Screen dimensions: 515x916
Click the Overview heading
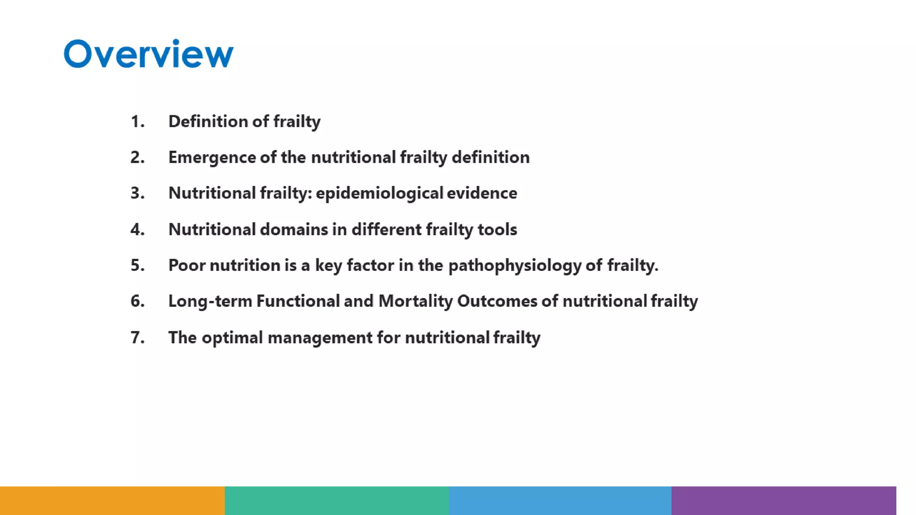click(x=148, y=54)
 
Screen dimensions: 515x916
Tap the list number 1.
click(x=137, y=122)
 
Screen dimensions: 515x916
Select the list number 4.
click(x=137, y=230)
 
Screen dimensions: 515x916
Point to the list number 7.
click(x=137, y=338)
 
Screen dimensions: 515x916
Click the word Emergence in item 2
click(x=212, y=157)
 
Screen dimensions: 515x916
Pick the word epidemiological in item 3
click(x=379, y=194)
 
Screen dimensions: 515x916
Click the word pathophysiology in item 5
click(x=514, y=266)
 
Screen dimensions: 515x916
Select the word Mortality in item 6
click(x=416, y=301)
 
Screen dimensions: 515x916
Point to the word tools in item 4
click(x=497, y=230)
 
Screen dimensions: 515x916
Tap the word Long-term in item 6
click(x=210, y=301)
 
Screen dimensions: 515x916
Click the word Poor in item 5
click(x=187, y=266)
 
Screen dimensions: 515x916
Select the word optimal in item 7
click(x=232, y=338)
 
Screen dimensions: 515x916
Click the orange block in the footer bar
click(x=112, y=501)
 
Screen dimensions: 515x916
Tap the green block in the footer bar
click(x=337, y=501)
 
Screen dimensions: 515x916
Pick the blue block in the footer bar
click(x=560, y=501)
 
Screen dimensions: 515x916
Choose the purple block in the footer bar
click(x=784, y=501)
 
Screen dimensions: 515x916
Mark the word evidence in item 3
click(x=482, y=194)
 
